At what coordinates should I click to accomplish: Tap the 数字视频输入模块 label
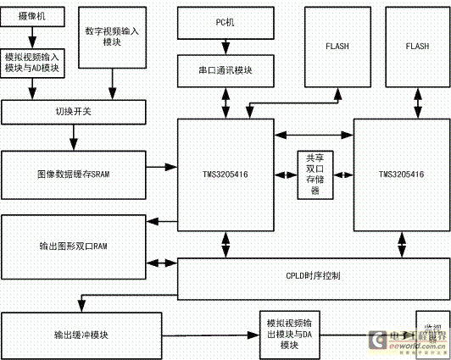click(x=112, y=36)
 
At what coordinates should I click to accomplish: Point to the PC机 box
click(x=225, y=21)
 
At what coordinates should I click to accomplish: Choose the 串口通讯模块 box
click(x=225, y=70)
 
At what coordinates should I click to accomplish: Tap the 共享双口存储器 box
click(x=313, y=174)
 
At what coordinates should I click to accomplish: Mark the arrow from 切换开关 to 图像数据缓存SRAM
click(x=73, y=137)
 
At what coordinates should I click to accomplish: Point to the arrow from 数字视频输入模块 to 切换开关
click(x=112, y=84)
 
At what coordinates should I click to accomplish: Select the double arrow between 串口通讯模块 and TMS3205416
click(x=225, y=102)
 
